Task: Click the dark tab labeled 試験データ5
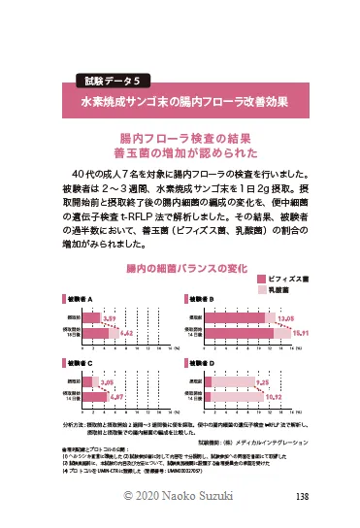[x=108, y=81]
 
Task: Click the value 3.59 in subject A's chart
[x=111, y=318]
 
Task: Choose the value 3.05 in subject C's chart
[x=109, y=382]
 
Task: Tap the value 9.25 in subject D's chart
[x=262, y=382]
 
